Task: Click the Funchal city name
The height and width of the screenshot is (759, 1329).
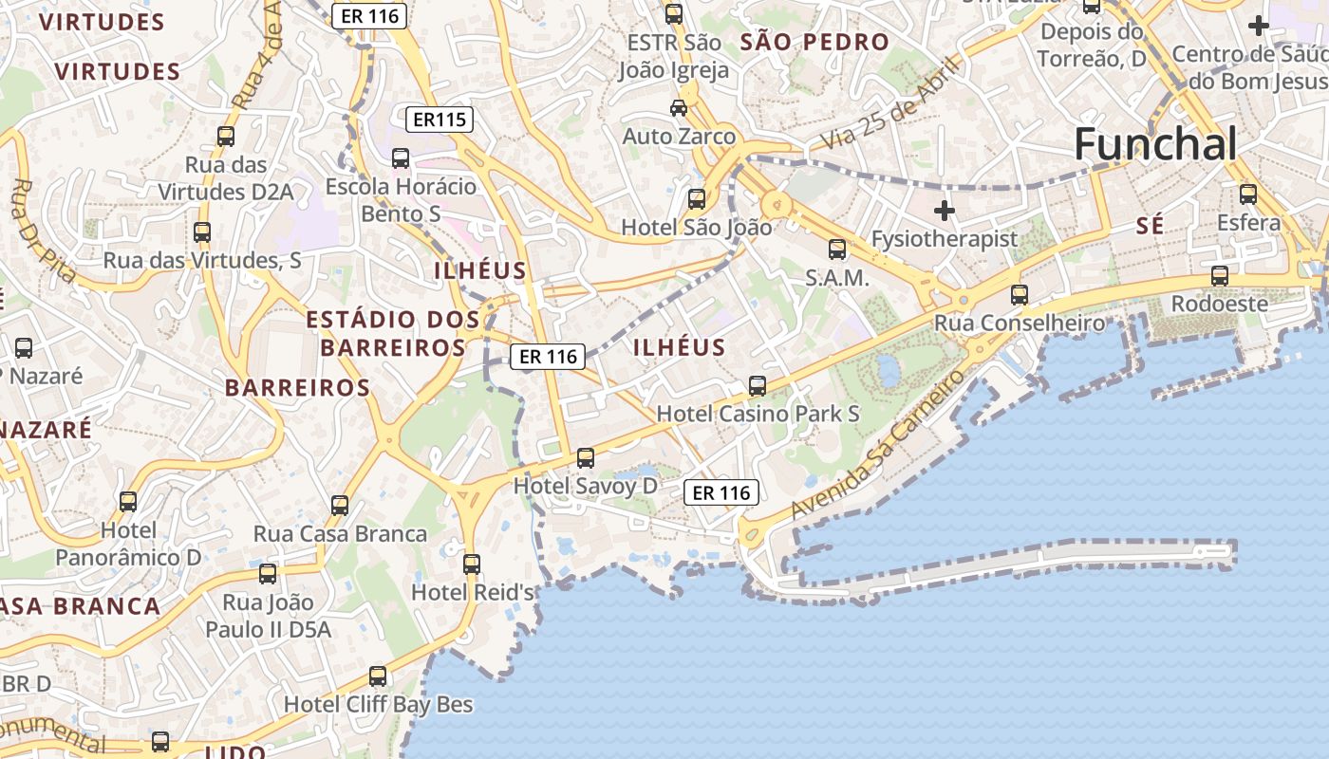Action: (x=1155, y=144)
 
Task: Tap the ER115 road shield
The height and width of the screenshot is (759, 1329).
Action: (x=439, y=120)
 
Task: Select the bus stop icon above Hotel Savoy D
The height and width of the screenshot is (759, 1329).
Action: (x=586, y=458)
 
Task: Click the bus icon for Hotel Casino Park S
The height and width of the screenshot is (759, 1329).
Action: (x=757, y=386)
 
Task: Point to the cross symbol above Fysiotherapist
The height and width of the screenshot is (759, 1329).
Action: (x=944, y=210)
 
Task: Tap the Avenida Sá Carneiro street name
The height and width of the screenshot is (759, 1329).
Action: (x=878, y=443)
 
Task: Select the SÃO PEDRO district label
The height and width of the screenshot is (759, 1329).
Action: (x=814, y=42)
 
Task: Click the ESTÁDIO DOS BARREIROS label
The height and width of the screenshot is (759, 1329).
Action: (x=393, y=333)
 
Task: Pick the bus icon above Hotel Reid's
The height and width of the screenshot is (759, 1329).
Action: (x=471, y=565)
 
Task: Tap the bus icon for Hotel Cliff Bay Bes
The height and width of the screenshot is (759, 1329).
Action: (x=378, y=676)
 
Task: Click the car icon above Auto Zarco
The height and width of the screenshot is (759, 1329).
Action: (x=679, y=108)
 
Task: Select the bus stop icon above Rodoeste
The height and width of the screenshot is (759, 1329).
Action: (x=1219, y=276)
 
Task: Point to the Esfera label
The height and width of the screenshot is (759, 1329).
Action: (x=1248, y=223)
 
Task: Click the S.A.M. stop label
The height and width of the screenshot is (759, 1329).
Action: (x=836, y=278)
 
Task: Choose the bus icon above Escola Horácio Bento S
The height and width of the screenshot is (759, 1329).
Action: (x=401, y=158)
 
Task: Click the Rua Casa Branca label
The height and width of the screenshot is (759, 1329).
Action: (x=340, y=533)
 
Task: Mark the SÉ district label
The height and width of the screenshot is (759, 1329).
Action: (x=1150, y=225)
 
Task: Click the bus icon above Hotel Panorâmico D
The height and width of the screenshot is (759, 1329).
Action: (x=128, y=501)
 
